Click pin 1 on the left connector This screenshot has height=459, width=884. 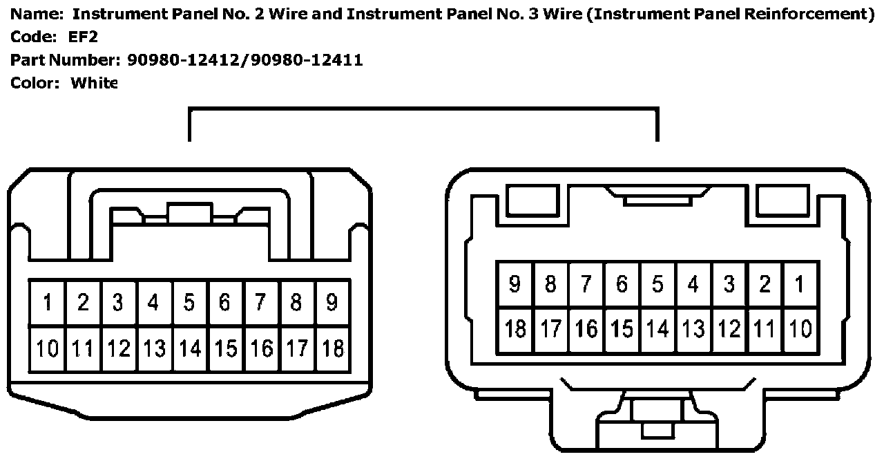click(x=47, y=303)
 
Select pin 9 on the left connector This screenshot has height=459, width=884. click(x=332, y=303)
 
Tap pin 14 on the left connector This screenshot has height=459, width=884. click(x=189, y=348)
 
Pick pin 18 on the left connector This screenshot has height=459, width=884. click(x=332, y=348)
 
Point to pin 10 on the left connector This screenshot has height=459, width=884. click(x=47, y=348)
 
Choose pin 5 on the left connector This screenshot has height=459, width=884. click(x=189, y=303)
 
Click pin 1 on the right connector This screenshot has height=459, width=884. click(x=800, y=284)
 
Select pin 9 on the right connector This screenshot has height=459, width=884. click(x=515, y=284)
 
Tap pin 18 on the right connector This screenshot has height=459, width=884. click(x=515, y=329)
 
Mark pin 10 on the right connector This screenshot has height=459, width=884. click(x=800, y=329)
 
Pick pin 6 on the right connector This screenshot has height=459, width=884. click(x=622, y=284)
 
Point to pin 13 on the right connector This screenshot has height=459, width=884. click(x=693, y=329)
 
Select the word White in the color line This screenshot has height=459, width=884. click(x=95, y=83)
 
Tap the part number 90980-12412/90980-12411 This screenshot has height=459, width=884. click(x=245, y=60)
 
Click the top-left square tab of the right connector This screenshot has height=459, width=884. click(x=532, y=201)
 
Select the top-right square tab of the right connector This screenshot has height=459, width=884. click(x=781, y=201)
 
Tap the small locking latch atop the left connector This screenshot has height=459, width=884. click(x=190, y=214)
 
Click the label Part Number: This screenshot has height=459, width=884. click(x=66, y=60)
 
